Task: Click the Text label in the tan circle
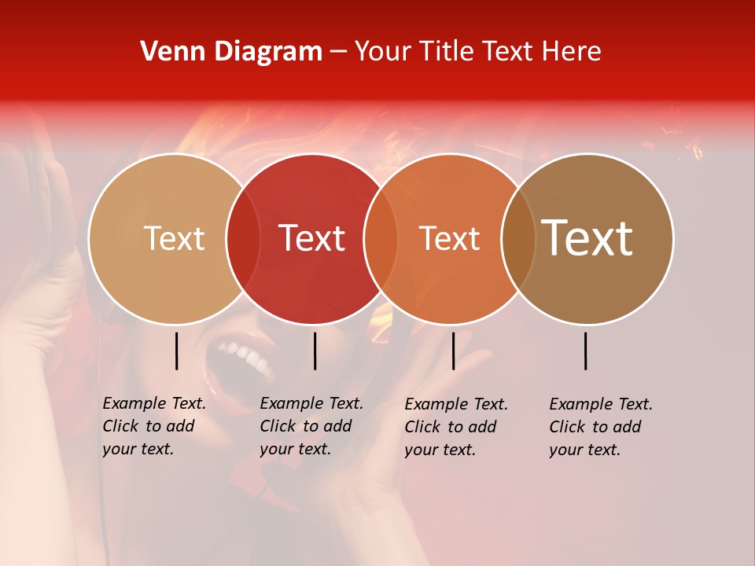coord(174,238)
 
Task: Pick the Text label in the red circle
coord(312,238)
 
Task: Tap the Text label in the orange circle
coord(450,238)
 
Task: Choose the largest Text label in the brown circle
coord(587,238)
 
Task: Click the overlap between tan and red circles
coord(243,238)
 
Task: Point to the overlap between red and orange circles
coord(381,238)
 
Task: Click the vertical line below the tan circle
coord(176,351)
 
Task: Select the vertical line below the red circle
coord(315,351)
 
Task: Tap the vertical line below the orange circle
coord(453,351)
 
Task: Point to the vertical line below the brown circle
coord(586,351)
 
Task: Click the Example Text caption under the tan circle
coord(154,426)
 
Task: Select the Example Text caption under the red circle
coord(311,426)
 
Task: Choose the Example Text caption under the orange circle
coord(456,427)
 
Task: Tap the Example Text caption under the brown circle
coord(601,427)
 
